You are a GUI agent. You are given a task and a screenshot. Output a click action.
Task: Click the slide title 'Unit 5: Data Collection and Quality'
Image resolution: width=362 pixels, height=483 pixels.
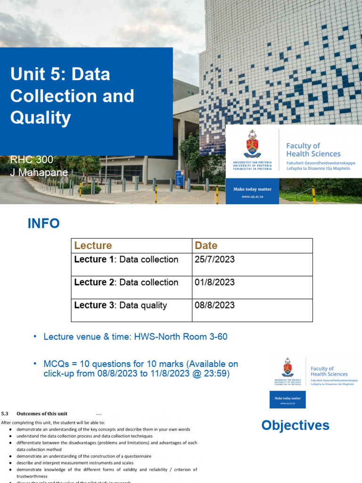click(72, 96)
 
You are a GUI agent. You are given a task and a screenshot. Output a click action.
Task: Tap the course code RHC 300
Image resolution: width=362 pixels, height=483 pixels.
click(32, 160)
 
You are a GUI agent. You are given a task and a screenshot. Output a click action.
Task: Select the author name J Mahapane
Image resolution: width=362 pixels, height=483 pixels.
click(39, 172)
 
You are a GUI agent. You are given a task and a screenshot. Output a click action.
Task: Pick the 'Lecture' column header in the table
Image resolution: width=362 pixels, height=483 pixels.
click(93, 245)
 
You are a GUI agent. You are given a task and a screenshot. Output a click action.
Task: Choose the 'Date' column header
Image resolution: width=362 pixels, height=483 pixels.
click(206, 245)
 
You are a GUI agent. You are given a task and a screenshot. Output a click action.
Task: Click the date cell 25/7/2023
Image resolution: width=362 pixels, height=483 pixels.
click(214, 259)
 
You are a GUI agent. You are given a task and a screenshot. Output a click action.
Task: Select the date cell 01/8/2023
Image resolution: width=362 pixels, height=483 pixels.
click(214, 283)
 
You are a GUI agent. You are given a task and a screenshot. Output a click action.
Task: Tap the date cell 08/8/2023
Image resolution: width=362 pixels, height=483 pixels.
click(214, 305)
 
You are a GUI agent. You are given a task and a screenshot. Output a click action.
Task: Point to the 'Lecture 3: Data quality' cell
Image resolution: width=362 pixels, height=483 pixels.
click(121, 305)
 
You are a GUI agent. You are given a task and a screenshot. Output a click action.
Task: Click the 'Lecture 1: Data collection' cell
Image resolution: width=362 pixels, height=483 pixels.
click(126, 259)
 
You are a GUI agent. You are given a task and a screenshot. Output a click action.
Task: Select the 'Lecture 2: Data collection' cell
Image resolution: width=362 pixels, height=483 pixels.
click(126, 283)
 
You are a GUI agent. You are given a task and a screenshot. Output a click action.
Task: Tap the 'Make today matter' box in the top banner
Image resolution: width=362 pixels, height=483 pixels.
click(252, 192)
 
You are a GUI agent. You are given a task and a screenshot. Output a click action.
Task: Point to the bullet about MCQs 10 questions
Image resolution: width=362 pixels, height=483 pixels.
click(140, 368)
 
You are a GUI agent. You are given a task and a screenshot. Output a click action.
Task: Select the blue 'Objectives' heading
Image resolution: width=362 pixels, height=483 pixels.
click(295, 425)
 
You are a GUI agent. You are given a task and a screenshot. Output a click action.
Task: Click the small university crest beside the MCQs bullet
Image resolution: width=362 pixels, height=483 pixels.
click(287, 368)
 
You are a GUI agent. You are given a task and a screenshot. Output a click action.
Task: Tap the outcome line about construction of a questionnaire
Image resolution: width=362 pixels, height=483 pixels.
click(83, 456)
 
